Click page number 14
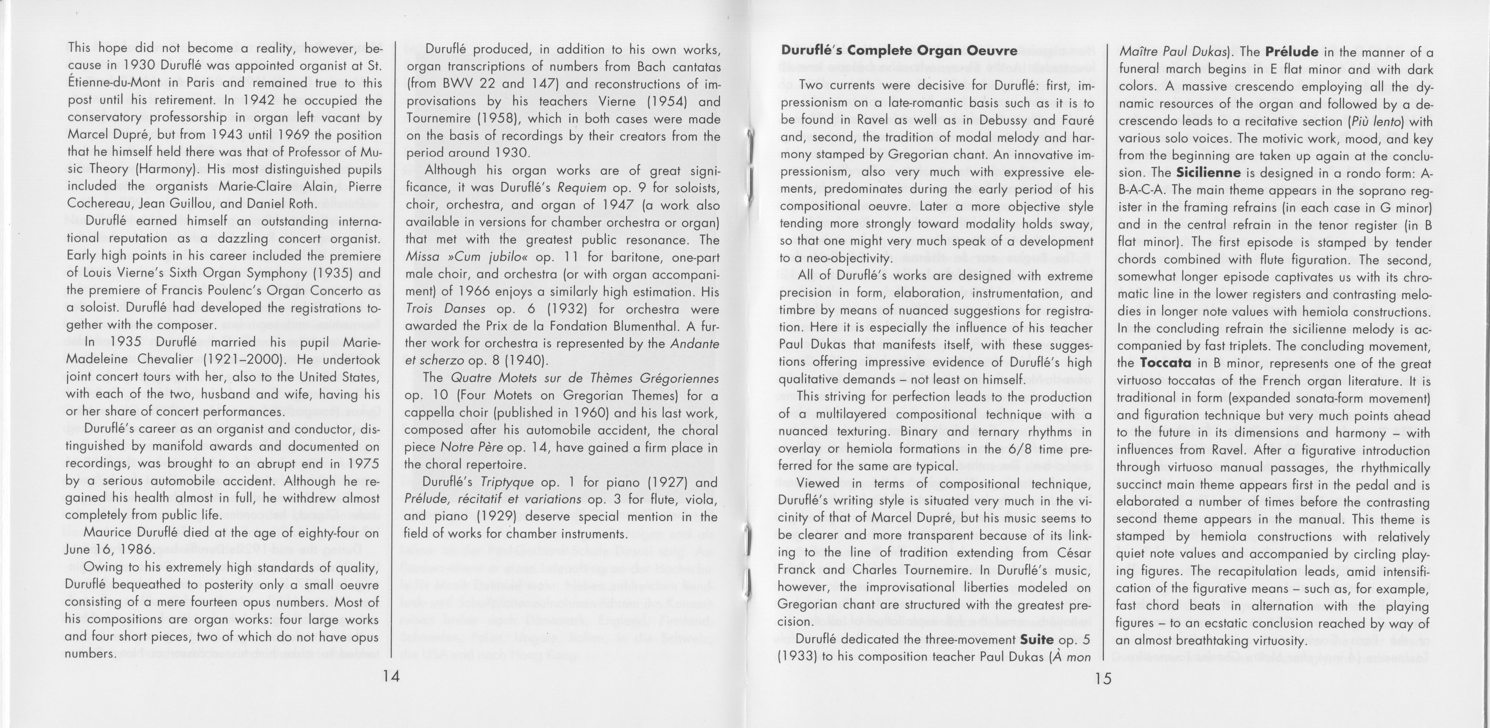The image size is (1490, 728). coord(392,676)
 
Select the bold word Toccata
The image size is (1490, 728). coord(1165,363)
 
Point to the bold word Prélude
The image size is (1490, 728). coord(1291,51)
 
